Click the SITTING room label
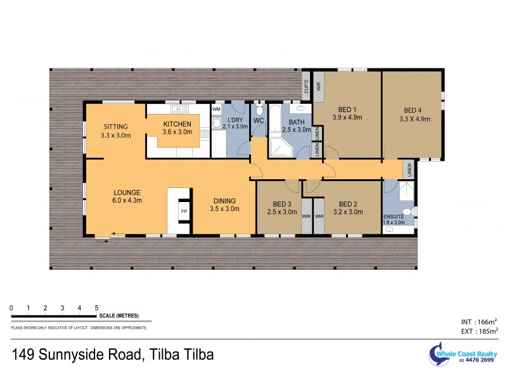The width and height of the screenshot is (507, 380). point(115,126)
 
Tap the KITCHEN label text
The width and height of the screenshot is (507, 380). point(177,123)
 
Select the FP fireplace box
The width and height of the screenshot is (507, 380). point(184,211)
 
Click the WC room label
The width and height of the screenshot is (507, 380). point(259,120)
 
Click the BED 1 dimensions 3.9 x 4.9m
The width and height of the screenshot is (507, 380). point(347,117)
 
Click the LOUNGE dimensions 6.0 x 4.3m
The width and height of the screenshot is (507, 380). point(127,201)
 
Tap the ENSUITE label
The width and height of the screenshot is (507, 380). point(393,216)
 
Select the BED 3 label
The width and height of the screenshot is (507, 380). point(281,203)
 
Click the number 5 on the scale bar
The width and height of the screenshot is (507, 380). point(96,308)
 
